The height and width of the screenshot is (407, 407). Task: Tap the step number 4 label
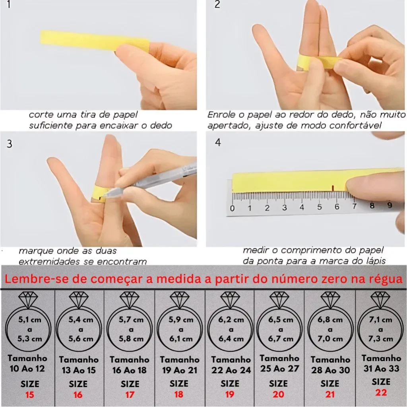218,142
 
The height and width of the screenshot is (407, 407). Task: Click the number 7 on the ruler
354,206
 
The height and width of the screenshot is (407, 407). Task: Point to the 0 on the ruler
232,208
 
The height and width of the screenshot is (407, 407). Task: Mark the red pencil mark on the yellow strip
333,188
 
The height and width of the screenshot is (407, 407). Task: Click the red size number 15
29,395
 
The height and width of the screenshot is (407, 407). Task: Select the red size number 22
381,392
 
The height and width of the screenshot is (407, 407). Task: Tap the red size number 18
178,395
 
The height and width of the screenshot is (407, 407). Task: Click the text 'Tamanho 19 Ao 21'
180,365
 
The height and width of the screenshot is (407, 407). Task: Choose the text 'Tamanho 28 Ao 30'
330,365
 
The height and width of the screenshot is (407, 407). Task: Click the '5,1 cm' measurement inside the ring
29,320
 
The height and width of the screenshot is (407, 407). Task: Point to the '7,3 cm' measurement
380,339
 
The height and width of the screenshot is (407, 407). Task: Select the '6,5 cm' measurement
281,320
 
